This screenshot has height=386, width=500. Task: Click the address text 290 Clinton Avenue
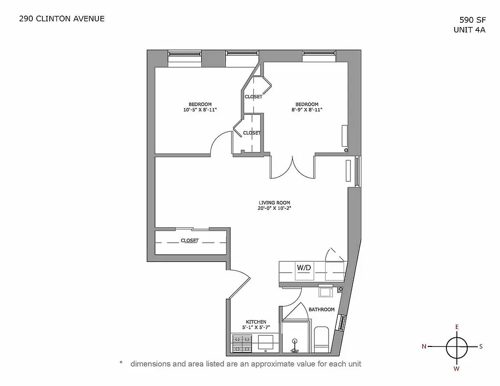pos(61,19)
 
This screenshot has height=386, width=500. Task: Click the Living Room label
pos(274,203)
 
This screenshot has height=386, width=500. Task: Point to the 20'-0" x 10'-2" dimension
pos(274,209)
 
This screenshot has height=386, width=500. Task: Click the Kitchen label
pos(256,322)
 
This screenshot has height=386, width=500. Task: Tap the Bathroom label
pos(321,309)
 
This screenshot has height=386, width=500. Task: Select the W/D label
pos(304,267)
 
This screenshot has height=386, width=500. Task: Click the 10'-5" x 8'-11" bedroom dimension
pos(200,110)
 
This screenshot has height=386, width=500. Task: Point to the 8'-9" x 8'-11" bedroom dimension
pos(307,110)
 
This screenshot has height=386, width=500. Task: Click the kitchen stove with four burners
pos(242,343)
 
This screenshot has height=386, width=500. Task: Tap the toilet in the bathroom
pos(321,340)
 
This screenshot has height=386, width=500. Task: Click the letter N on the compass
pos(424,346)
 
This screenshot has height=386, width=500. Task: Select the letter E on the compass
pos(457,327)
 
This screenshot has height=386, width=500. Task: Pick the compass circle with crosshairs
pos(457,346)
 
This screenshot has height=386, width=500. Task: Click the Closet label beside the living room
pos(190,240)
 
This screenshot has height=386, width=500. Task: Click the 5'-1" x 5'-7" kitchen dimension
pos(256,328)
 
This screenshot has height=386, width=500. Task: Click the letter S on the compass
pos(481,346)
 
